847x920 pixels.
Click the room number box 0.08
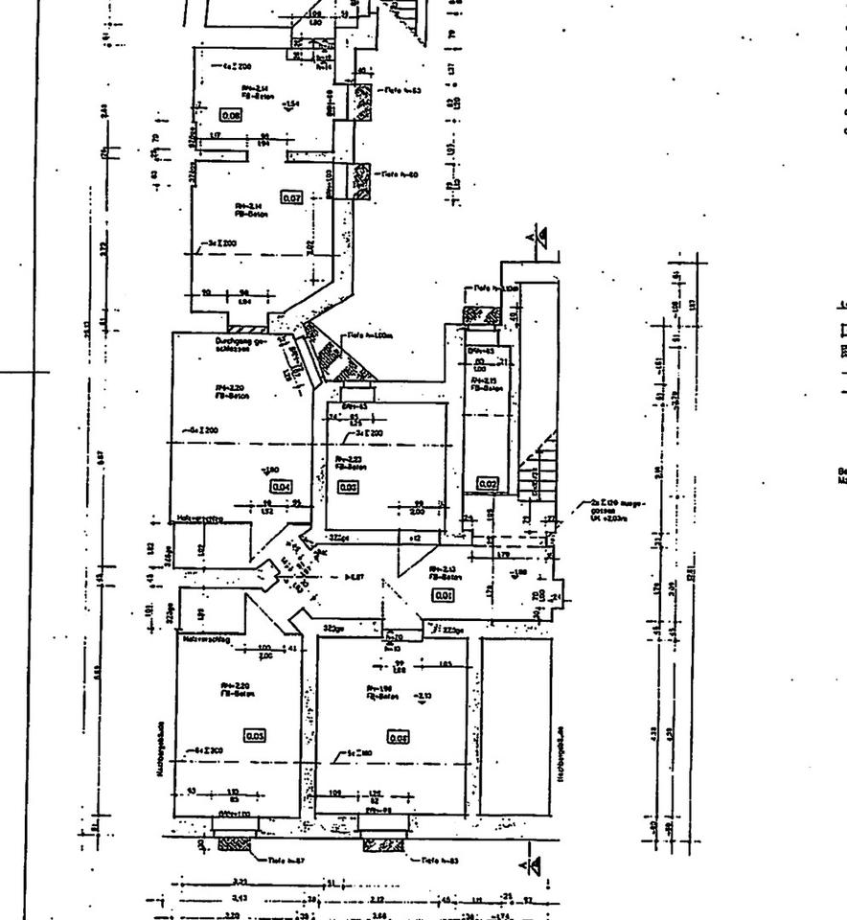point(231,114)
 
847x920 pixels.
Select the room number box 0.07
point(291,197)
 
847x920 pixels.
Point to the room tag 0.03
point(349,487)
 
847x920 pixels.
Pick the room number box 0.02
point(488,485)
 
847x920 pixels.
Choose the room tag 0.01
point(443,595)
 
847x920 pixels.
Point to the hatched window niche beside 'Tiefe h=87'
point(234,844)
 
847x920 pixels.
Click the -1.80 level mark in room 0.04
point(271,470)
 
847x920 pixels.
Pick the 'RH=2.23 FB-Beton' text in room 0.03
point(348,461)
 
